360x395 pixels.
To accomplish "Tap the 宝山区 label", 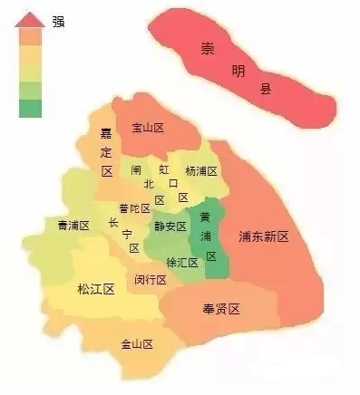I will pos(147,129).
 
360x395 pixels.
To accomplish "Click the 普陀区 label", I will pos(134,208).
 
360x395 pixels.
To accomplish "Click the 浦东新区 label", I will pos(263,236).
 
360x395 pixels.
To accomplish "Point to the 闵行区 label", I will pos(151,279).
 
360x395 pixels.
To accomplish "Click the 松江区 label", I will pos(95,289).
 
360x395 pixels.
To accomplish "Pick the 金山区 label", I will pos(137,344).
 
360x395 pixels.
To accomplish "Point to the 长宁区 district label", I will pos(122,235).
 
